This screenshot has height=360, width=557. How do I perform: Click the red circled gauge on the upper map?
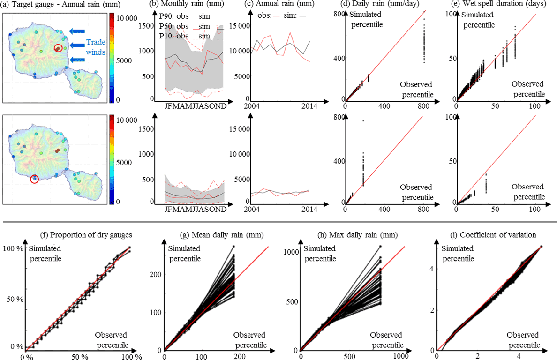click(58, 48)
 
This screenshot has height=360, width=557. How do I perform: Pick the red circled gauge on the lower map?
click(34, 179)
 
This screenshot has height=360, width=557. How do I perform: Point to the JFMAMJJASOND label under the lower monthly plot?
click(196, 209)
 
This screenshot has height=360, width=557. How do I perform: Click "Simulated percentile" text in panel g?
click(184, 253)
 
